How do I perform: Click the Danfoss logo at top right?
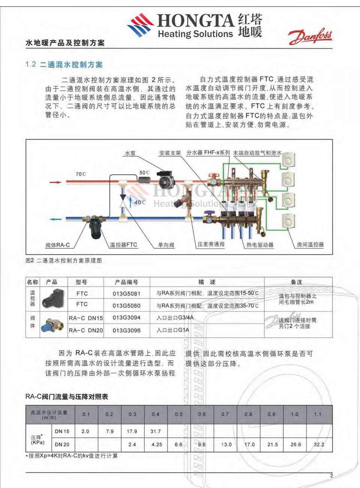(x=310, y=36)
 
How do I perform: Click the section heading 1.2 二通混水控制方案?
(x=64, y=65)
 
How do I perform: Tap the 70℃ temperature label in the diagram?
(x=81, y=174)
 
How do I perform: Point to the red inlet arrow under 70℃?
(x=55, y=182)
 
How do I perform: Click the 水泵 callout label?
(x=130, y=153)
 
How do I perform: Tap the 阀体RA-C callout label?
(x=57, y=245)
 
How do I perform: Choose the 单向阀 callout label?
(x=166, y=245)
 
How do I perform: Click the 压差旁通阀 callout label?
(x=211, y=244)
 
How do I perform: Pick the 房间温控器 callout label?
(x=310, y=245)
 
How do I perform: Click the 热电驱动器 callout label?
(x=260, y=245)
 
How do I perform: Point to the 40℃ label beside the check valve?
(x=140, y=202)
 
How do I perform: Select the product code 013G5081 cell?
(x=126, y=293)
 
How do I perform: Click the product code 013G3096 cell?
(x=126, y=330)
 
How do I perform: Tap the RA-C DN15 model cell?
(x=86, y=318)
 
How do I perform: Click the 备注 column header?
(x=296, y=282)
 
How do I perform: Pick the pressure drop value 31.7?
(x=155, y=431)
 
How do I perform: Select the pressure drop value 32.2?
(x=319, y=444)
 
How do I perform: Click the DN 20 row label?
(x=62, y=444)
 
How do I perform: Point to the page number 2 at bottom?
(x=331, y=476)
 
